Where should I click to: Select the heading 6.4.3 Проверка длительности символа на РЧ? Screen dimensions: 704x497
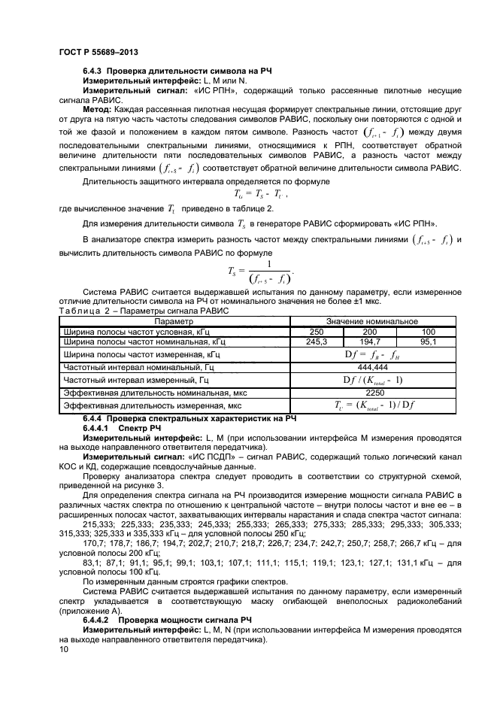167,71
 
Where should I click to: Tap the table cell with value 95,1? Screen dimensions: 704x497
429,341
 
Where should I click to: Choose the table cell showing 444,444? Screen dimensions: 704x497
374,367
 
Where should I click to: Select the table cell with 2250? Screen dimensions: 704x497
374,393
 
